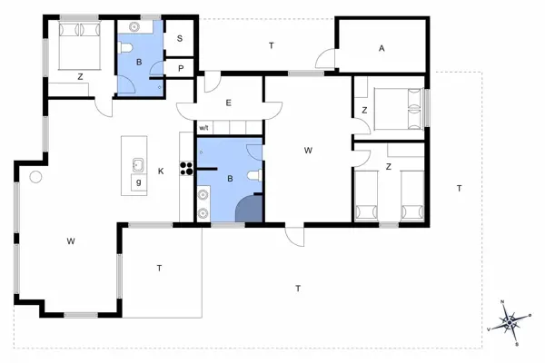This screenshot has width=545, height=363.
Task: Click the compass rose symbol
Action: [x=510, y=322]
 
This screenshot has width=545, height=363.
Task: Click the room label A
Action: [x=381, y=49]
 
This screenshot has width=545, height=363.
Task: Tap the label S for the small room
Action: [x=180, y=38]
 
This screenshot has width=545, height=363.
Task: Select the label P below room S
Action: [x=181, y=69]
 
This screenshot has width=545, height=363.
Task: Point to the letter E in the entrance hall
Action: [x=228, y=103]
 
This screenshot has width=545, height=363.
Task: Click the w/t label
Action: [x=204, y=128]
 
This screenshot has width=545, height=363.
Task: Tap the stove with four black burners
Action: [x=186, y=168]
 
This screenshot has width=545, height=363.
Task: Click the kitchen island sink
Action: [x=138, y=165]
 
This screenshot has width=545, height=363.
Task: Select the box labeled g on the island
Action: [x=139, y=182]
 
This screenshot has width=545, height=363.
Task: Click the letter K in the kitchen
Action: [x=161, y=172]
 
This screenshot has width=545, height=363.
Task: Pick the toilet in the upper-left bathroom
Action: [x=124, y=47]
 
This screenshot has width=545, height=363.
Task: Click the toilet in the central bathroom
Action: [x=255, y=175]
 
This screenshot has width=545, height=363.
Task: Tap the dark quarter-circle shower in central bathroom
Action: [x=249, y=209]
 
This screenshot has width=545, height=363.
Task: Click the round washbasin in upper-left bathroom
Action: [x=134, y=26]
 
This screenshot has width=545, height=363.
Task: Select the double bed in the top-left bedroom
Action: [x=80, y=45]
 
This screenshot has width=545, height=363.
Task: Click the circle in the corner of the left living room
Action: [x=35, y=177]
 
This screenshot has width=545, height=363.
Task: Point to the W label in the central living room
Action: [x=308, y=151]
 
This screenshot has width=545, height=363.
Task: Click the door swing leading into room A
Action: [x=324, y=58]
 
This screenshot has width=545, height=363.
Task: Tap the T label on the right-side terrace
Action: [x=459, y=189]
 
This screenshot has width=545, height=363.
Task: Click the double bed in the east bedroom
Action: [x=399, y=109]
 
